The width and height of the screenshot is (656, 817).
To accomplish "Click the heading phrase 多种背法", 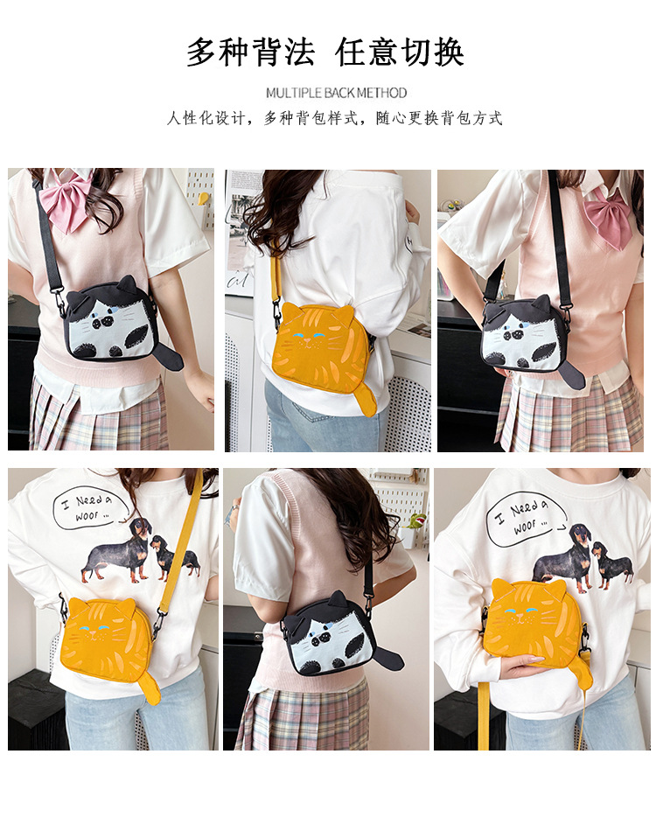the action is click(x=250, y=52).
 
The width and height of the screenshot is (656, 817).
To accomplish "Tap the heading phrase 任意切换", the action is click(x=400, y=52).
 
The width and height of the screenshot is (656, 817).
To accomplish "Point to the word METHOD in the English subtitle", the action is click(x=382, y=94).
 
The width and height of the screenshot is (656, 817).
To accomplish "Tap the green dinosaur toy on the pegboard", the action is click(x=418, y=521).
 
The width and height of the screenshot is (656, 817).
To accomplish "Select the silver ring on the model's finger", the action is click(x=236, y=507).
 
